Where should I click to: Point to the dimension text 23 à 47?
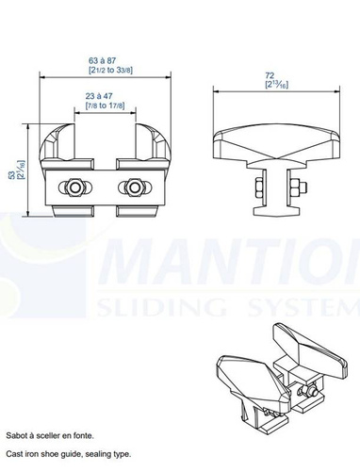pyautogui.click(x=106, y=96)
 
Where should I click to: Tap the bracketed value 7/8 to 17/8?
pyautogui.click(x=106, y=106)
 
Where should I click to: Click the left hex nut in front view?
pyautogui.click(x=72, y=187)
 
